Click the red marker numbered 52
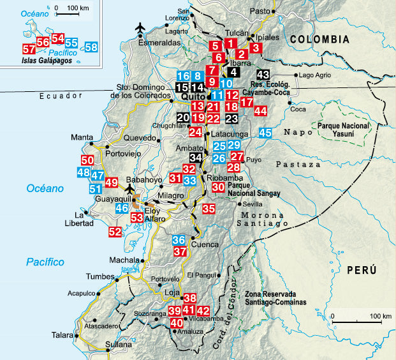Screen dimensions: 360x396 115,232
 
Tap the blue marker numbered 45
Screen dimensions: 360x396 266,133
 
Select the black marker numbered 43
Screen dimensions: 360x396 263,75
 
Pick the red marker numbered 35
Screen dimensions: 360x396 209,208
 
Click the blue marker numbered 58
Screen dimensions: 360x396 91,47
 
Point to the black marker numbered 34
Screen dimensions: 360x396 196,158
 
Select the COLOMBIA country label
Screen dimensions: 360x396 319,39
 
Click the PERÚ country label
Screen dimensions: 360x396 362,270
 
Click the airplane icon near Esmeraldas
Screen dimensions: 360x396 141,29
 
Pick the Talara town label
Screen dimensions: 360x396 62,334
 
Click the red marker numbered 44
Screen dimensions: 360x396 260,110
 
